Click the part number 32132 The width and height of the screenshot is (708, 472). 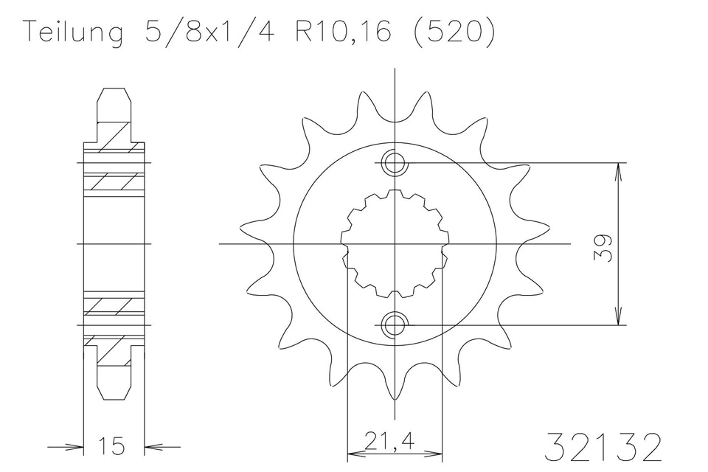607,447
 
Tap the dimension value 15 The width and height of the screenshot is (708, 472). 113,445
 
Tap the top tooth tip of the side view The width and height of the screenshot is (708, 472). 114,91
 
